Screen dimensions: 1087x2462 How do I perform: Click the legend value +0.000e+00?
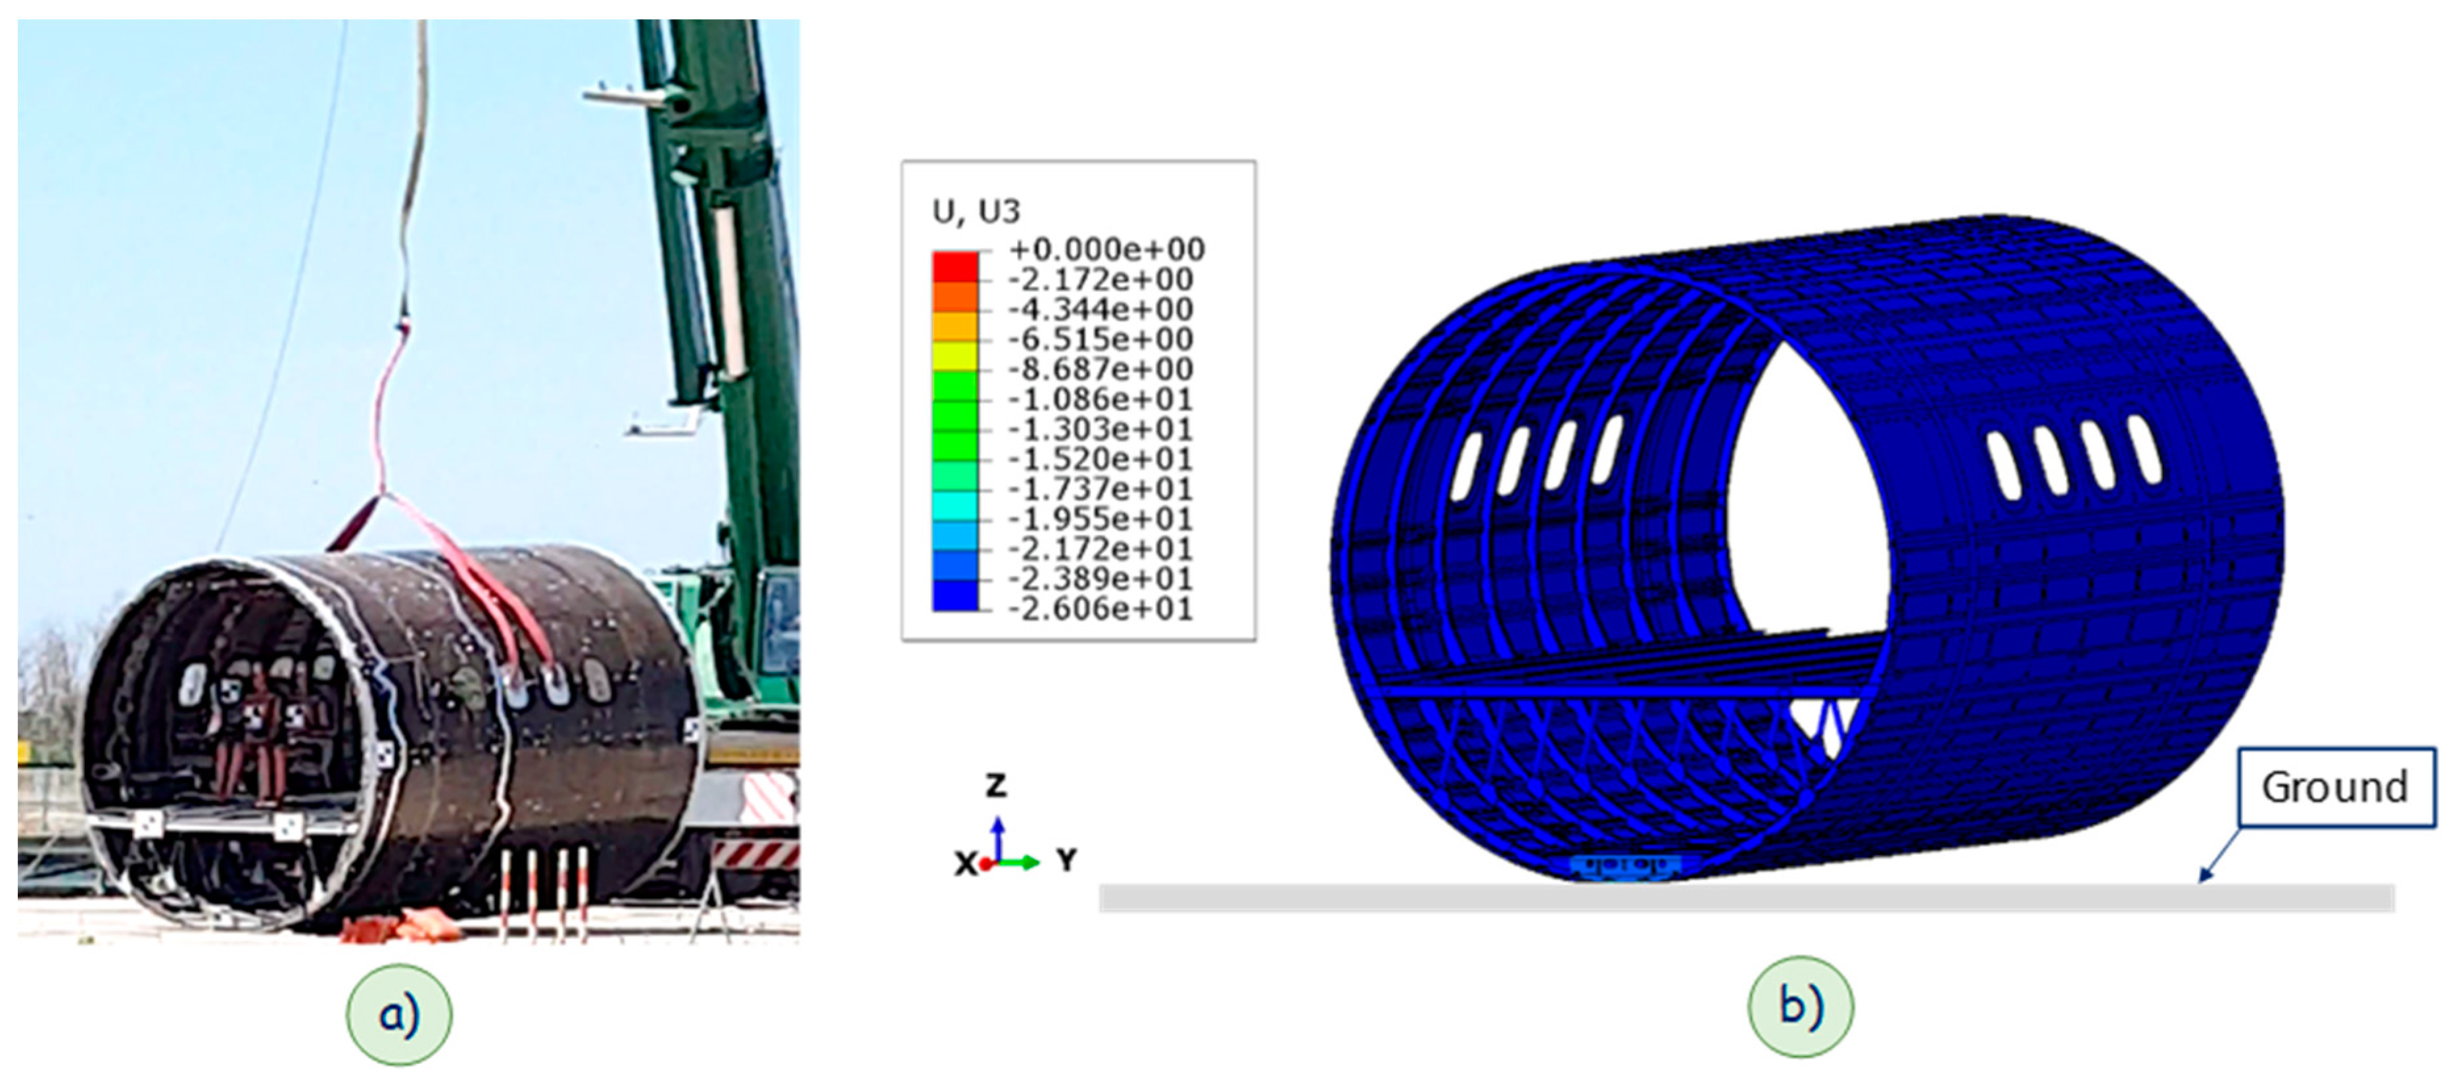[x=1106, y=249]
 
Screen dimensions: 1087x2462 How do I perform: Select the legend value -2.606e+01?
[x=1100, y=609]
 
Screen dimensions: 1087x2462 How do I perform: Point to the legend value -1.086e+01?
[x=1100, y=399]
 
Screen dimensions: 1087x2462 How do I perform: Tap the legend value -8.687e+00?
[x=1100, y=369]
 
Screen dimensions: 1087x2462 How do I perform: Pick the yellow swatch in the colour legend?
[x=955, y=356]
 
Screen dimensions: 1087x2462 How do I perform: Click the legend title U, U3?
[x=976, y=211]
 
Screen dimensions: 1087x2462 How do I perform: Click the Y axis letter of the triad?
[x=1066, y=860]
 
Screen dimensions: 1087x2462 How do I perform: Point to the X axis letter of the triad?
[x=965, y=864]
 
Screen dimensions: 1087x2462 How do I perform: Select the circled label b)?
[x=1801, y=1007]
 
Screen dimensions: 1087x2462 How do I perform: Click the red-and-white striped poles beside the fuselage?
[x=543, y=894]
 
